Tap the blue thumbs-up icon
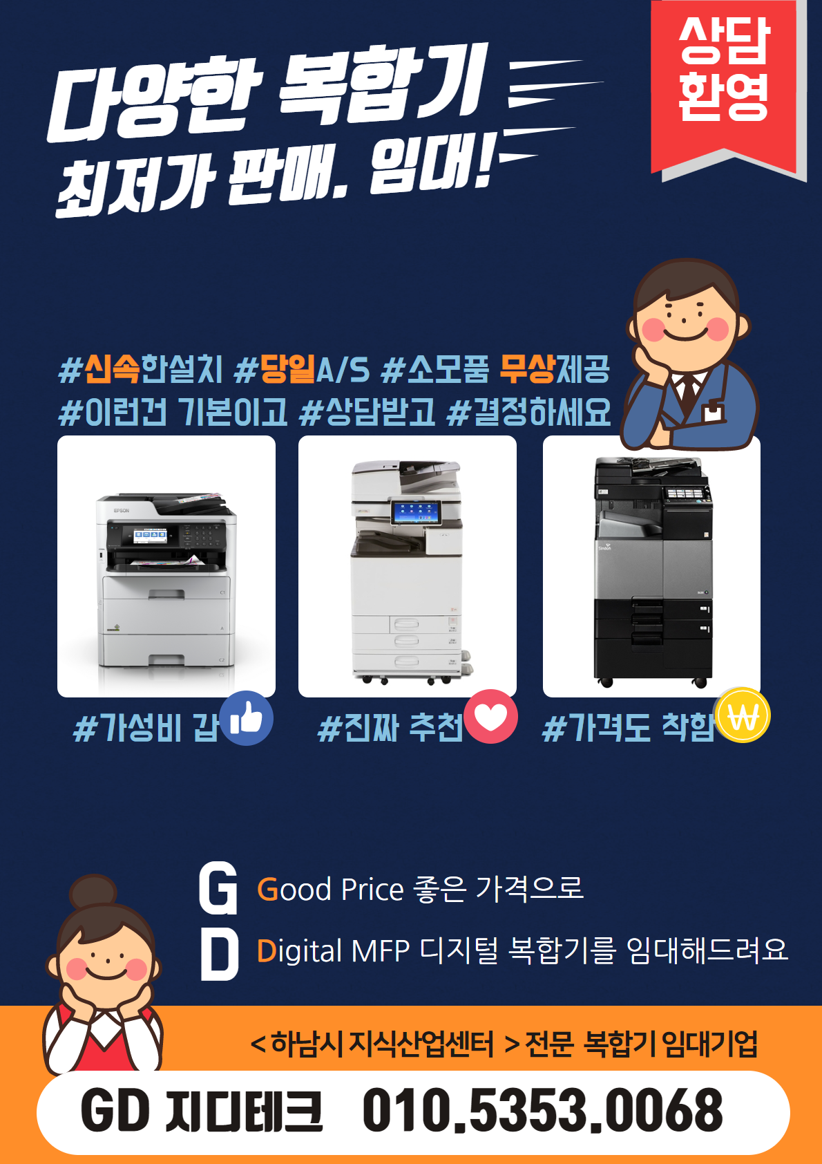point(246,718)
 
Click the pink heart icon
point(490,717)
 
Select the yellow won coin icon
point(743,715)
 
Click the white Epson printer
point(166,580)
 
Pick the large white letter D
point(219,955)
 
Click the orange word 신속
point(112,369)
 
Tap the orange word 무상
point(528,369)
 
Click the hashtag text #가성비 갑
point(146,727)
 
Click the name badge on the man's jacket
point(714,412)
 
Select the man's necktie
point(689,393)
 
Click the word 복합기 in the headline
point(382,86)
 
